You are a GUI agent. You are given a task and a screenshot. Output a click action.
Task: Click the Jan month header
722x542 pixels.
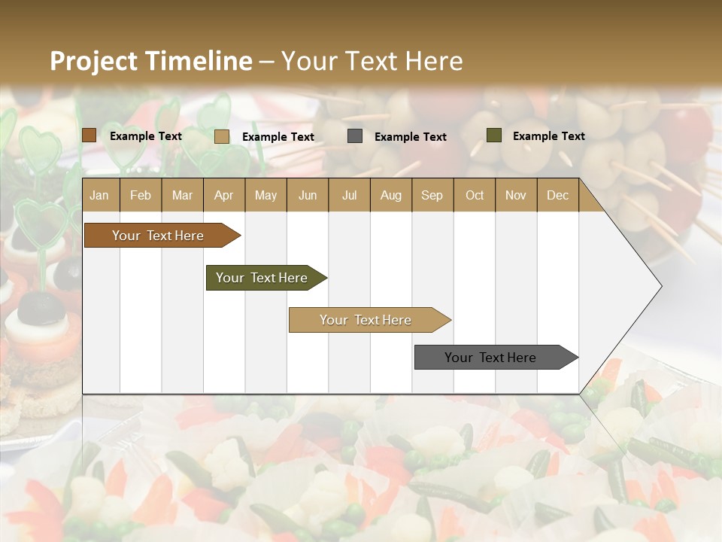(x=100, y=195)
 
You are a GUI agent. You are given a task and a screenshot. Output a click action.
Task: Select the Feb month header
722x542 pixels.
(x=141, y=195)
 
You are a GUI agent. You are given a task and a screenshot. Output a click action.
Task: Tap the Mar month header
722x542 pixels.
(x=182, y=195)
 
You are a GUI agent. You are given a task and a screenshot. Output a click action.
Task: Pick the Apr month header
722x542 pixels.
(x=224, y=195)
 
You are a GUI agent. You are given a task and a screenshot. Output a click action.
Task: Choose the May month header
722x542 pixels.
(x=265, y=195)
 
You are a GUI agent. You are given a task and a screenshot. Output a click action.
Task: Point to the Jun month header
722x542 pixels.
(x=308, y=195)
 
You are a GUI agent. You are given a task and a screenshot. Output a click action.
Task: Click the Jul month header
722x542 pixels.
(x=349, y=195)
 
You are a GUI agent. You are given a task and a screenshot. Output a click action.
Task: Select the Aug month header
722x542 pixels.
(x=391, y=195)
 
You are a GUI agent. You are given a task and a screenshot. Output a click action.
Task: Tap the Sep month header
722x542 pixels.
(x=432, y=195)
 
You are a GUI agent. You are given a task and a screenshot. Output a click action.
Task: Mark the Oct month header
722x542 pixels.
(x=475, y=195)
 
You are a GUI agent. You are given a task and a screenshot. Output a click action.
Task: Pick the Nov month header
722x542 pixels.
(x=516, y=195)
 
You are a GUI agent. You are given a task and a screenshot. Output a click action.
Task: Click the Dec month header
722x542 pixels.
(x=558, y=195)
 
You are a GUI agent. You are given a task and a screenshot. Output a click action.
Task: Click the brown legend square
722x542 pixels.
(x=89, y=135)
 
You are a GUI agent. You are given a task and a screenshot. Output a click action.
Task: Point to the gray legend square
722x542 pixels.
(x=355, y=136)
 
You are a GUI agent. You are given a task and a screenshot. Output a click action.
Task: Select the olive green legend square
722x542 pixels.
(x=494, y=135)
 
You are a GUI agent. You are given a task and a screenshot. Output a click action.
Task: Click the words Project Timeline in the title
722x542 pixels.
(x=150, y=61)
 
